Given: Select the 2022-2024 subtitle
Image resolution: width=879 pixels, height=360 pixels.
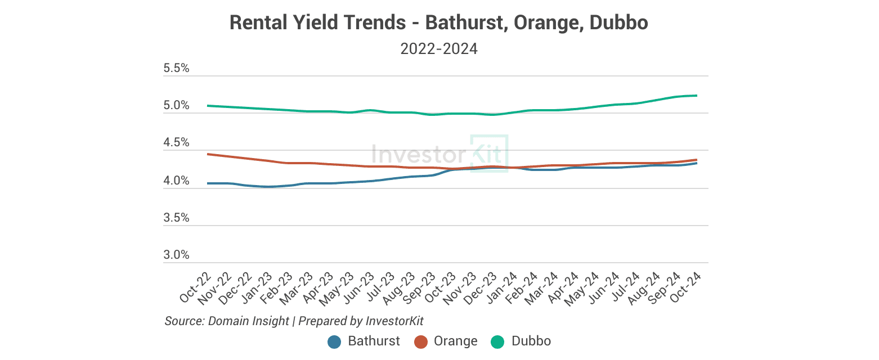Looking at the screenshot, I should pos(439,49).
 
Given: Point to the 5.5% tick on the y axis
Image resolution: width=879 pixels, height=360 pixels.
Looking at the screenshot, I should pos(176,69).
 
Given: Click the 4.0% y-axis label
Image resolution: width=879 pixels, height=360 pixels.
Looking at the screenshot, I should pos(176,181).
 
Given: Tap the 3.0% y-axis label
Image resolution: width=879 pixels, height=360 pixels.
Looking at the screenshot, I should pos(176,255).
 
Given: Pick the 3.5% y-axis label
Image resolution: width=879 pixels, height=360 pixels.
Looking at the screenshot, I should pos(176,218).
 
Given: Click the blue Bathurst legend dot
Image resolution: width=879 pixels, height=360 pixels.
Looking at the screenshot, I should pos(335,341).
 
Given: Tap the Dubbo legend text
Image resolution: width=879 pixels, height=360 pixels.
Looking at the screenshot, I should pos(531,341).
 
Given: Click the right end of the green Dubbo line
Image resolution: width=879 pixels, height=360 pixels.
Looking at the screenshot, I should pos(697,96).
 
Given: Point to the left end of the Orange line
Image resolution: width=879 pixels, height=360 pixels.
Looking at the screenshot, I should pos(209,154).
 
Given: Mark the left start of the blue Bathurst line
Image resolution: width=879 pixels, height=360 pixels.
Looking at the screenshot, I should pos(209,183).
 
